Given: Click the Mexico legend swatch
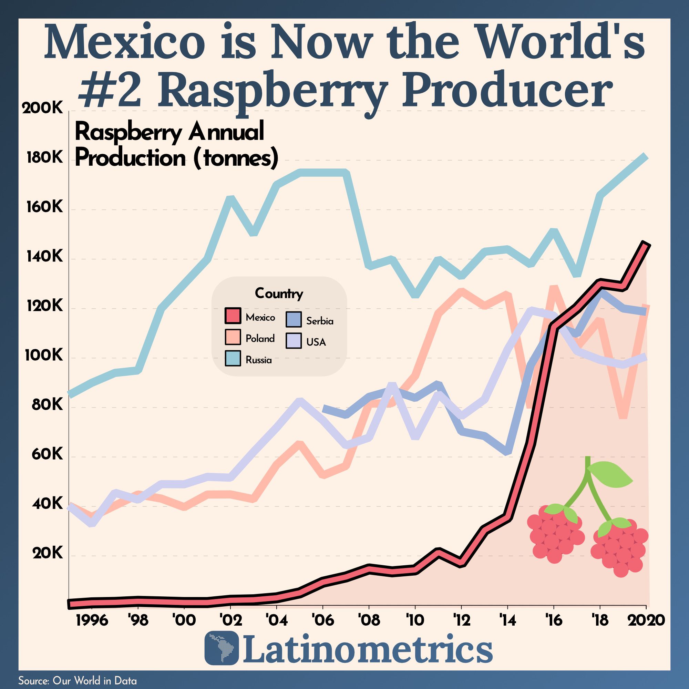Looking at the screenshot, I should coord(233,316).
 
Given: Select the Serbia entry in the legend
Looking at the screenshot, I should coord(320,321).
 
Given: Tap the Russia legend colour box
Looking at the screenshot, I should coord(233,358).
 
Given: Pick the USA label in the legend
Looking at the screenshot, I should coord(316,342).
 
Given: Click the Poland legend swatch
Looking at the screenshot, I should coord(233,337).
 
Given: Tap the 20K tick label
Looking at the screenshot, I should coord(47,554).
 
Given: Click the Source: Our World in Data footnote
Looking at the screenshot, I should coord(78,680).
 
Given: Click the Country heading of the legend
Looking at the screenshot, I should coord(279,293).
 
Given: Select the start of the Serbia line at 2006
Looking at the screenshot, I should coord(323,409).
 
